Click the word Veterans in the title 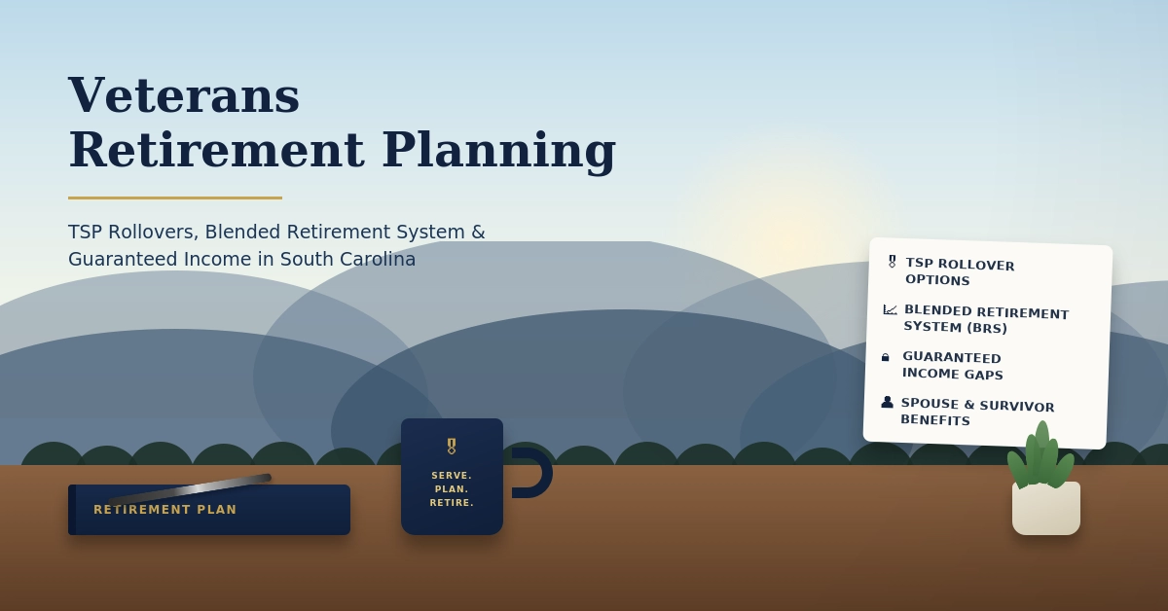pos(184,95)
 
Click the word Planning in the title pos(499,151)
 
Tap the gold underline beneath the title pos(175,198)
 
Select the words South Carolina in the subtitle pos(347,259)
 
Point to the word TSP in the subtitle pos(85,232)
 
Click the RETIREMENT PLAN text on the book pos(165,510)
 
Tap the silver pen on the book pos(190,489)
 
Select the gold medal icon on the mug pos(452,447)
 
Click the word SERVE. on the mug pos(452,476)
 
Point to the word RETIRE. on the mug pos(452,503)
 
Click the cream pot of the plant pos(1046,508)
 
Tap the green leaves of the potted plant pos(1040,457)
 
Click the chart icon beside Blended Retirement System pos(890,309)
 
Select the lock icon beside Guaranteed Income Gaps pos(885,357)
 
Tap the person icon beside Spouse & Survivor pos(887,402)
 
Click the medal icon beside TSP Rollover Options pos(893,261)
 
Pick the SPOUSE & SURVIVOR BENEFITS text pos(977,412)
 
